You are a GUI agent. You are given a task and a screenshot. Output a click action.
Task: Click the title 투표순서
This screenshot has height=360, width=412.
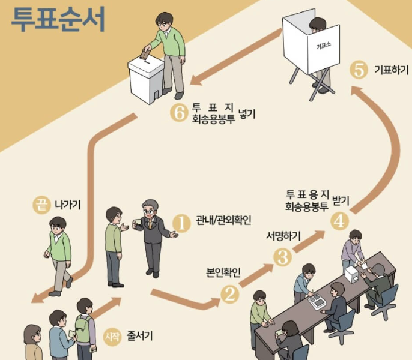click(58, 19)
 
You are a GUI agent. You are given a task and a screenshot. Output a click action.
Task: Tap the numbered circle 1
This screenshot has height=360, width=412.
click(181, 223)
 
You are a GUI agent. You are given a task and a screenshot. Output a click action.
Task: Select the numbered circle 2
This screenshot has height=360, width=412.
click(229, 293)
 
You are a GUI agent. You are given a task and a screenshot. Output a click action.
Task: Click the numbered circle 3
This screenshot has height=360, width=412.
click(282, 257)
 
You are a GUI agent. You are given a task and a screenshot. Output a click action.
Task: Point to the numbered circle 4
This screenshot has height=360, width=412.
click(339, 220)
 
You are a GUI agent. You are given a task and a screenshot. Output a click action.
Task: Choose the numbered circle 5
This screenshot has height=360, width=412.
click(359, 70)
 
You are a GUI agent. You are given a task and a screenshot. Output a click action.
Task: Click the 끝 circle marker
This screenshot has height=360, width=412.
click(41, 205)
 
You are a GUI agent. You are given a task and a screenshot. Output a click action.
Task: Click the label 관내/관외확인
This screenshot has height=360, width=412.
click(220, 222)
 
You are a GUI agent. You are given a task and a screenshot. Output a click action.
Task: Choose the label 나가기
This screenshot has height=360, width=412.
click(68, 205)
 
